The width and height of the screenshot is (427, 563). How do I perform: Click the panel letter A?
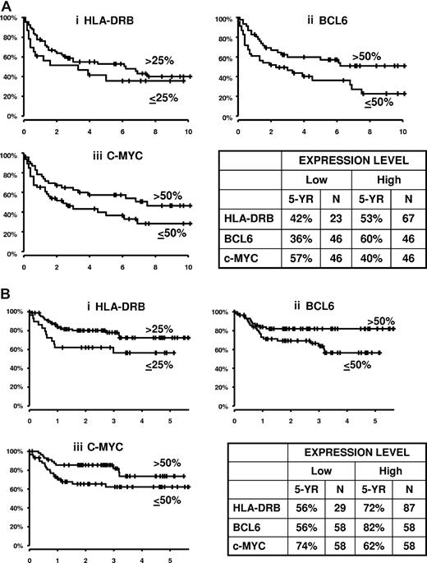(x=7, y=7)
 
